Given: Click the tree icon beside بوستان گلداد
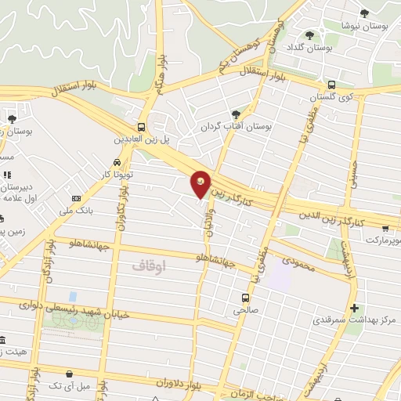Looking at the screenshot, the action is [x=310, y=35].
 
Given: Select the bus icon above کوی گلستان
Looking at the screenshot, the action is [x=331, y=85].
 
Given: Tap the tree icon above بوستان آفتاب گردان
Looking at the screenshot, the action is [x=236, y=114].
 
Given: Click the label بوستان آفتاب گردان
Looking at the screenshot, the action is [x=235, y=126].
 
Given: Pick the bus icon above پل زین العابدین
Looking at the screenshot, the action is [x=141, y=127].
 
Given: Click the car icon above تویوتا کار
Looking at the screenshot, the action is [x=117, y=162].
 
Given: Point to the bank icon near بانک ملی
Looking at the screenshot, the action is [x=76, y=199].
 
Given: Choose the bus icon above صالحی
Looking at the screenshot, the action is [x=245, y=298].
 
